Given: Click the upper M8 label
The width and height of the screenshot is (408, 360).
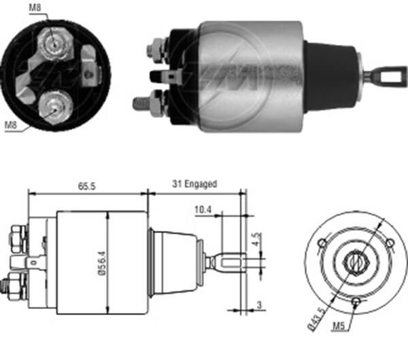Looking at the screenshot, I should (x=35, y=8).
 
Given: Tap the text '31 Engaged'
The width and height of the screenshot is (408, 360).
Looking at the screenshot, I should (x=194, y=184).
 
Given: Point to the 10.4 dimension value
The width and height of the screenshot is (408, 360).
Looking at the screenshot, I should (x=202, y=211).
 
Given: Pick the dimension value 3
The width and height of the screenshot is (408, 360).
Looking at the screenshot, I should (x=259, y=306).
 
